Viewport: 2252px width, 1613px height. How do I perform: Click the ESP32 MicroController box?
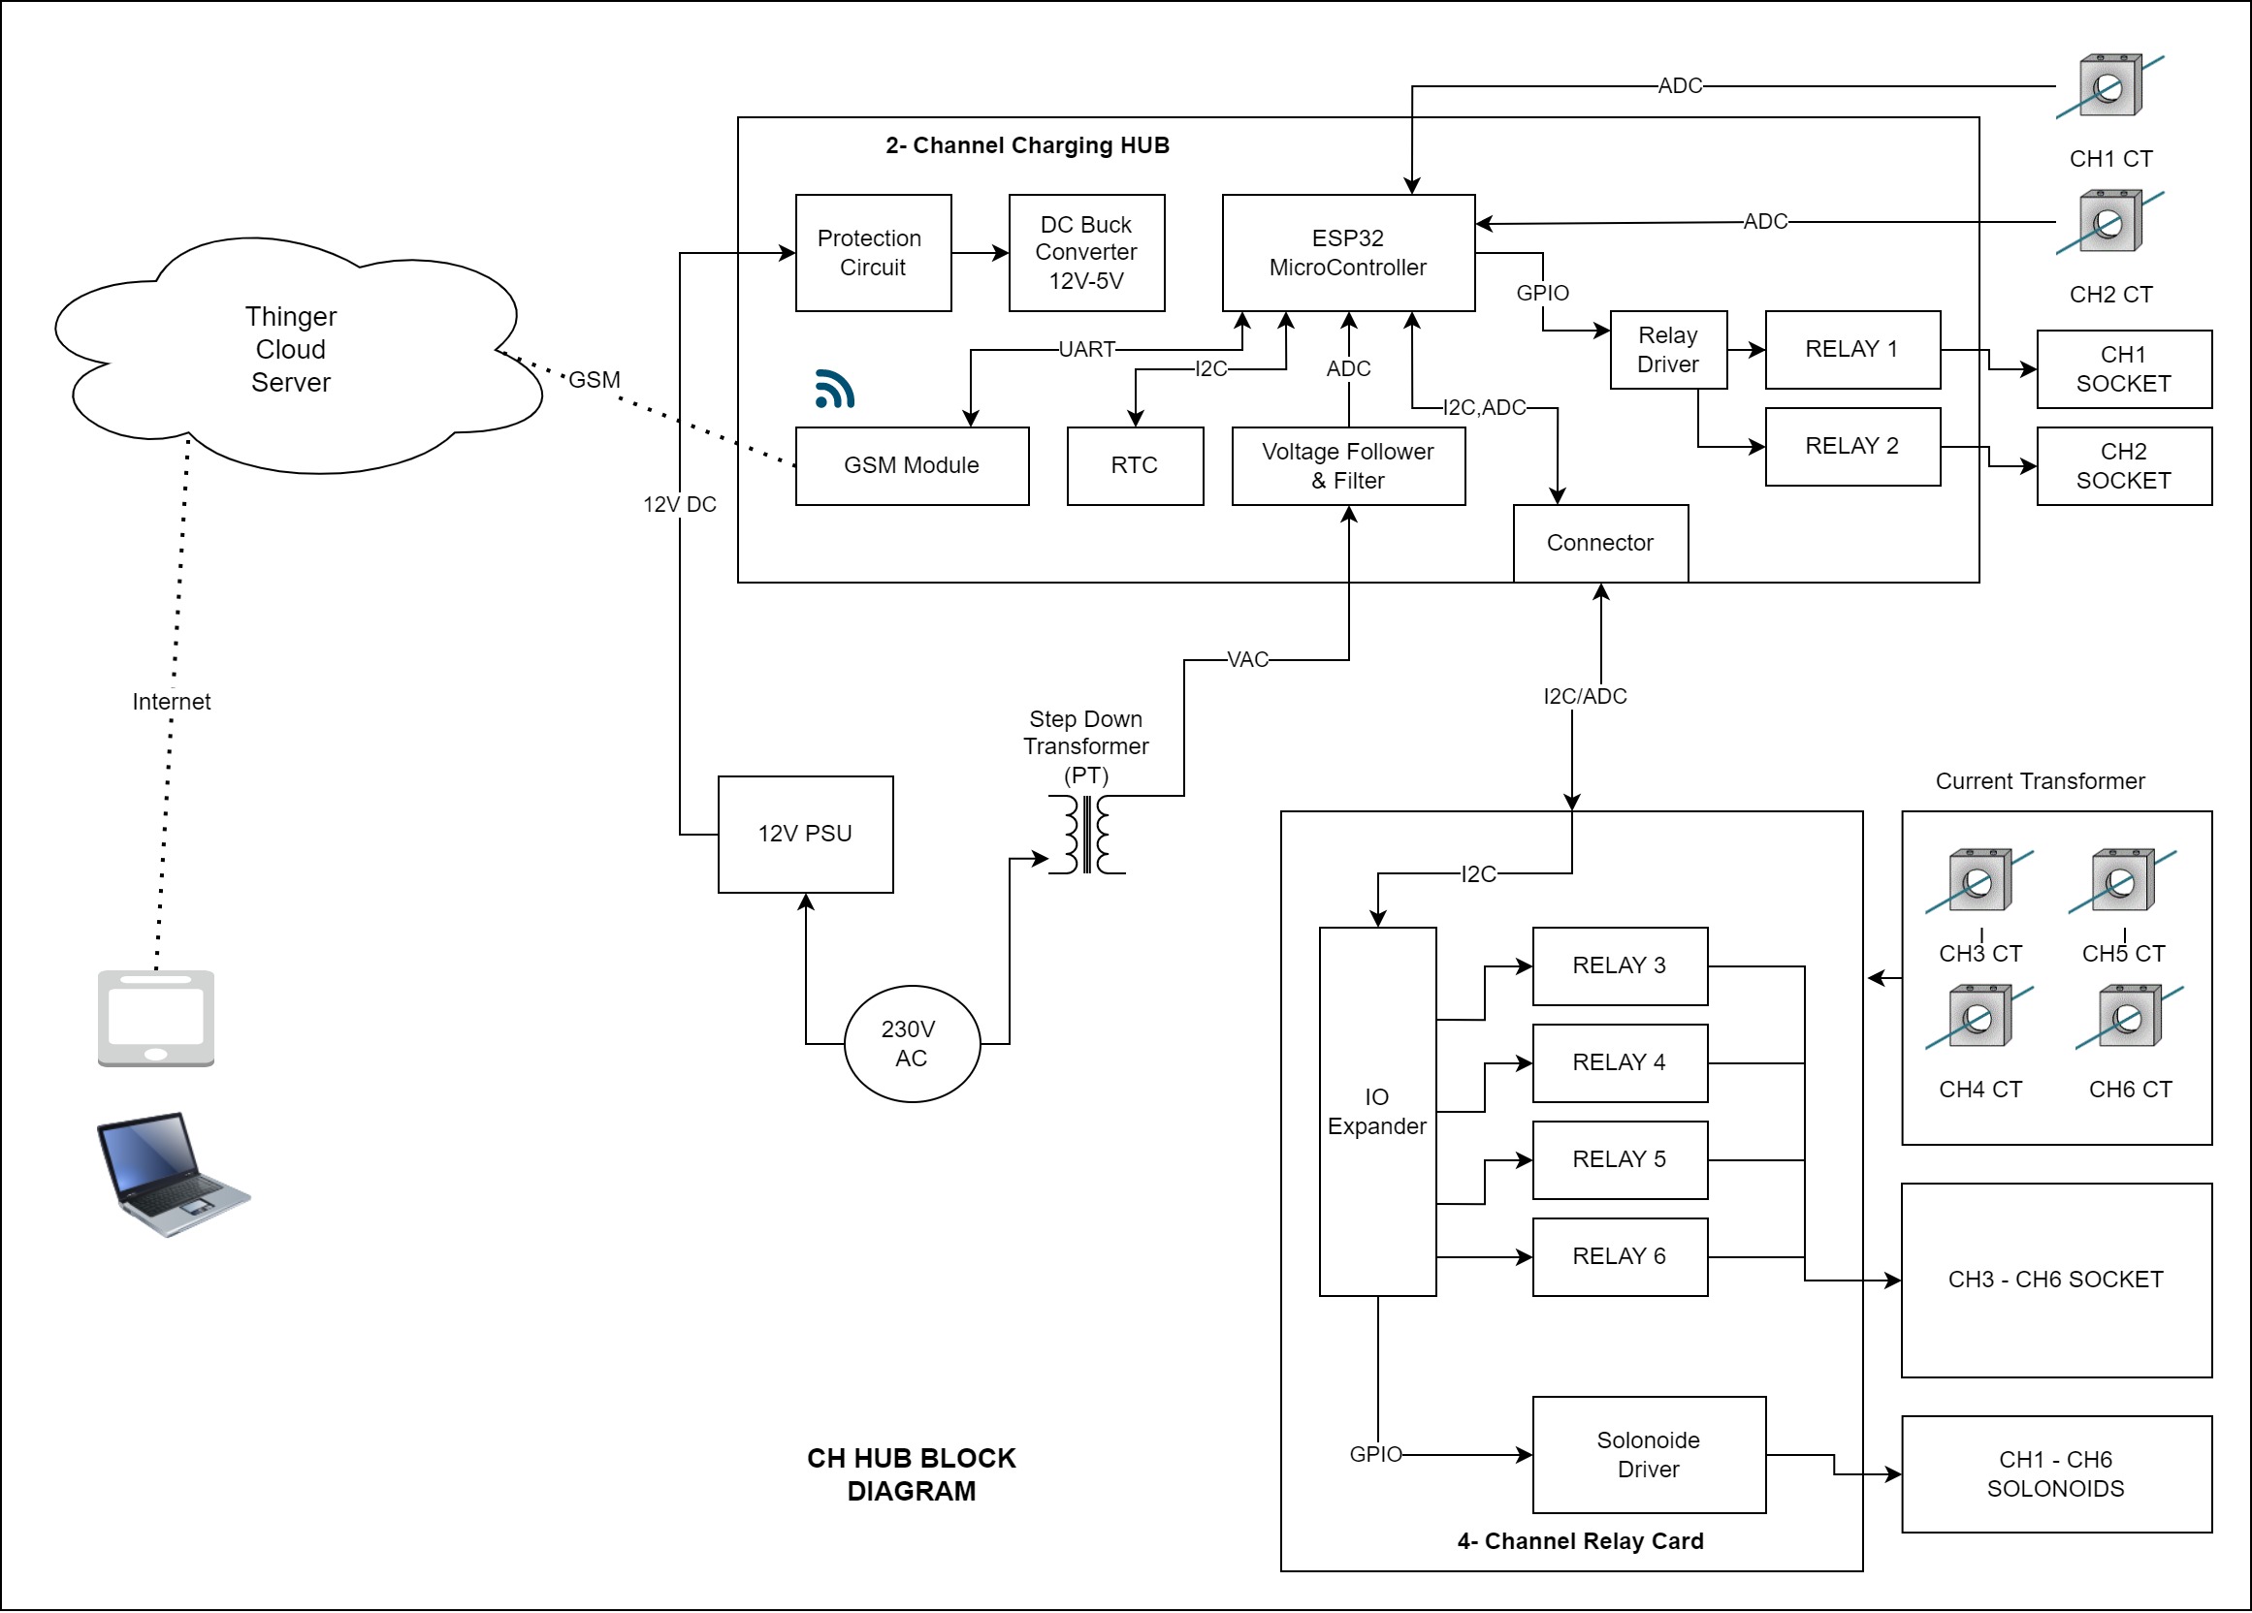click(x=1348, y=253)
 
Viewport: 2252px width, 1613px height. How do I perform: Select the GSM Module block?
click(x=912, y=465)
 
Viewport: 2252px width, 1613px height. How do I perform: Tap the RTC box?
click(x=1135, y=465)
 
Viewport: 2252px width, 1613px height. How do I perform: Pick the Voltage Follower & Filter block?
click(x=1348, y=465)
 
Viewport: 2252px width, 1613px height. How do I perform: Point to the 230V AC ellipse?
click(x=912, y=1043)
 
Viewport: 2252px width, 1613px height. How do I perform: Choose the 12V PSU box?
click(x=805, y=834)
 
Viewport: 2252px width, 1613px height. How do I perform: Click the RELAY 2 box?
click(x=1852, y=447)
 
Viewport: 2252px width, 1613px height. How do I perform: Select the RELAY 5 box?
click(x=1621, y=1159)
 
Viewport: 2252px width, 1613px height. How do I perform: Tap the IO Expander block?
click(x=1377, y=1112)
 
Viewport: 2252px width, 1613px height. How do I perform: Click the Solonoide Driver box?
click(x=1650, y=1455)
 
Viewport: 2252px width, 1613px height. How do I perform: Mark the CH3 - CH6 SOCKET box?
click(x=2056, y=1281)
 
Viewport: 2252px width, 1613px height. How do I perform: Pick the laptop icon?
click(x=174, y=1174)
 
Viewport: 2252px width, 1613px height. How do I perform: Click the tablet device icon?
click(x=156, y=1019)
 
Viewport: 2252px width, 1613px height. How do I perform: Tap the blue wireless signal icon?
click(x=834, y=389)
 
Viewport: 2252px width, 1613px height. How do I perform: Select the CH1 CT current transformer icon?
click(x=2110, y=86)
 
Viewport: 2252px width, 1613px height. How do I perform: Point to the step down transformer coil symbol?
click(x=1087, y=835)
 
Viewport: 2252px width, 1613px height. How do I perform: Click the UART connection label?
click(x=1087, y=349)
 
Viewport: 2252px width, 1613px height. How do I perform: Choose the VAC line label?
click(x=1248, y=660)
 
